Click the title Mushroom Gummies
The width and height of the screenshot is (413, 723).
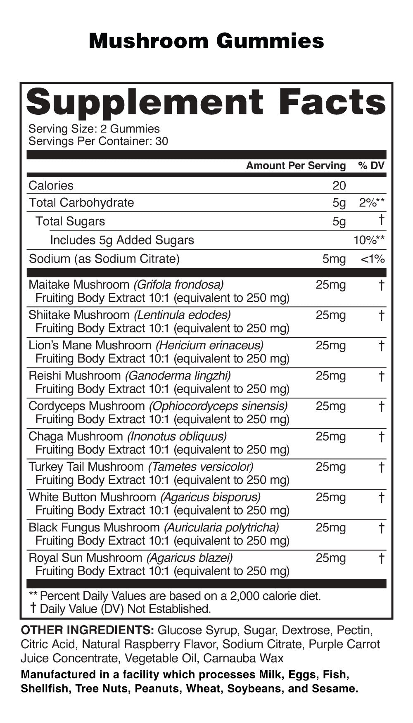[206, 41]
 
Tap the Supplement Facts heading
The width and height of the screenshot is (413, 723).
[206, 102]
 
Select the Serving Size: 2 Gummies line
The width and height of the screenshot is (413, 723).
[94, 129]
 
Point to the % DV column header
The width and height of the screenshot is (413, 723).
[371, 166]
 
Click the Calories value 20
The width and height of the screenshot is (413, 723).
[339, 186]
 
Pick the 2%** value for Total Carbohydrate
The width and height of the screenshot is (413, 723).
[372, 203]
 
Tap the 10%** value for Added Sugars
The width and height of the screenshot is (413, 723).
[369, 240]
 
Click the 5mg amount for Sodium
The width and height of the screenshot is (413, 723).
[334, 259]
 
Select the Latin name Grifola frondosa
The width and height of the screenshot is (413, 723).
[178, 285]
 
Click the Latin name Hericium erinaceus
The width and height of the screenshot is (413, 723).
[209, 345]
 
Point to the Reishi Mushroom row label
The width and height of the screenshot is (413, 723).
[74, 376]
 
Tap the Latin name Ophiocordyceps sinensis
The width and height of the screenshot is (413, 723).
[218, 406]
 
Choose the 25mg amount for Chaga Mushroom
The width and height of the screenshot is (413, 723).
[330, 436]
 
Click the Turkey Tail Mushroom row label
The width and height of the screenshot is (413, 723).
[86, 467]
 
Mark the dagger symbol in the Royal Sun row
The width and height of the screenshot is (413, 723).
[381, 558]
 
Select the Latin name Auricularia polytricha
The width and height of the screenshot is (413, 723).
[221, 528]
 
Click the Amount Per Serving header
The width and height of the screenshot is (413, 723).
[296, 166]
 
